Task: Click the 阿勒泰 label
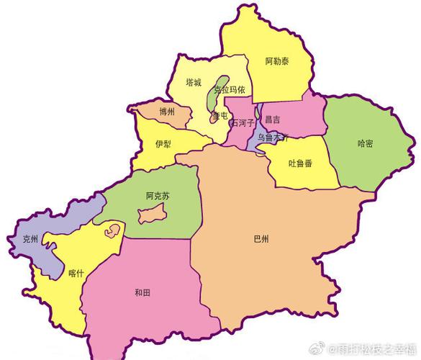[277, 61]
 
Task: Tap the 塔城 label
[193, 83]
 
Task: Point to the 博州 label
[167, 112]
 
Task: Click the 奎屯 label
[219, 115]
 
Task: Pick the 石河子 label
[242, 122]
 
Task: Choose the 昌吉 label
[273, 120]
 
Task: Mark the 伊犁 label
[163, 144]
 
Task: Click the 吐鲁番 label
[300, 163]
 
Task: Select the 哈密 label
[365, 143]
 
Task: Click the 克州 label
[30, 238]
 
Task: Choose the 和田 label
[142, 292]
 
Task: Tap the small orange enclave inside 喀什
[111, 231]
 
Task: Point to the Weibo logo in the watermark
[324, 351]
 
